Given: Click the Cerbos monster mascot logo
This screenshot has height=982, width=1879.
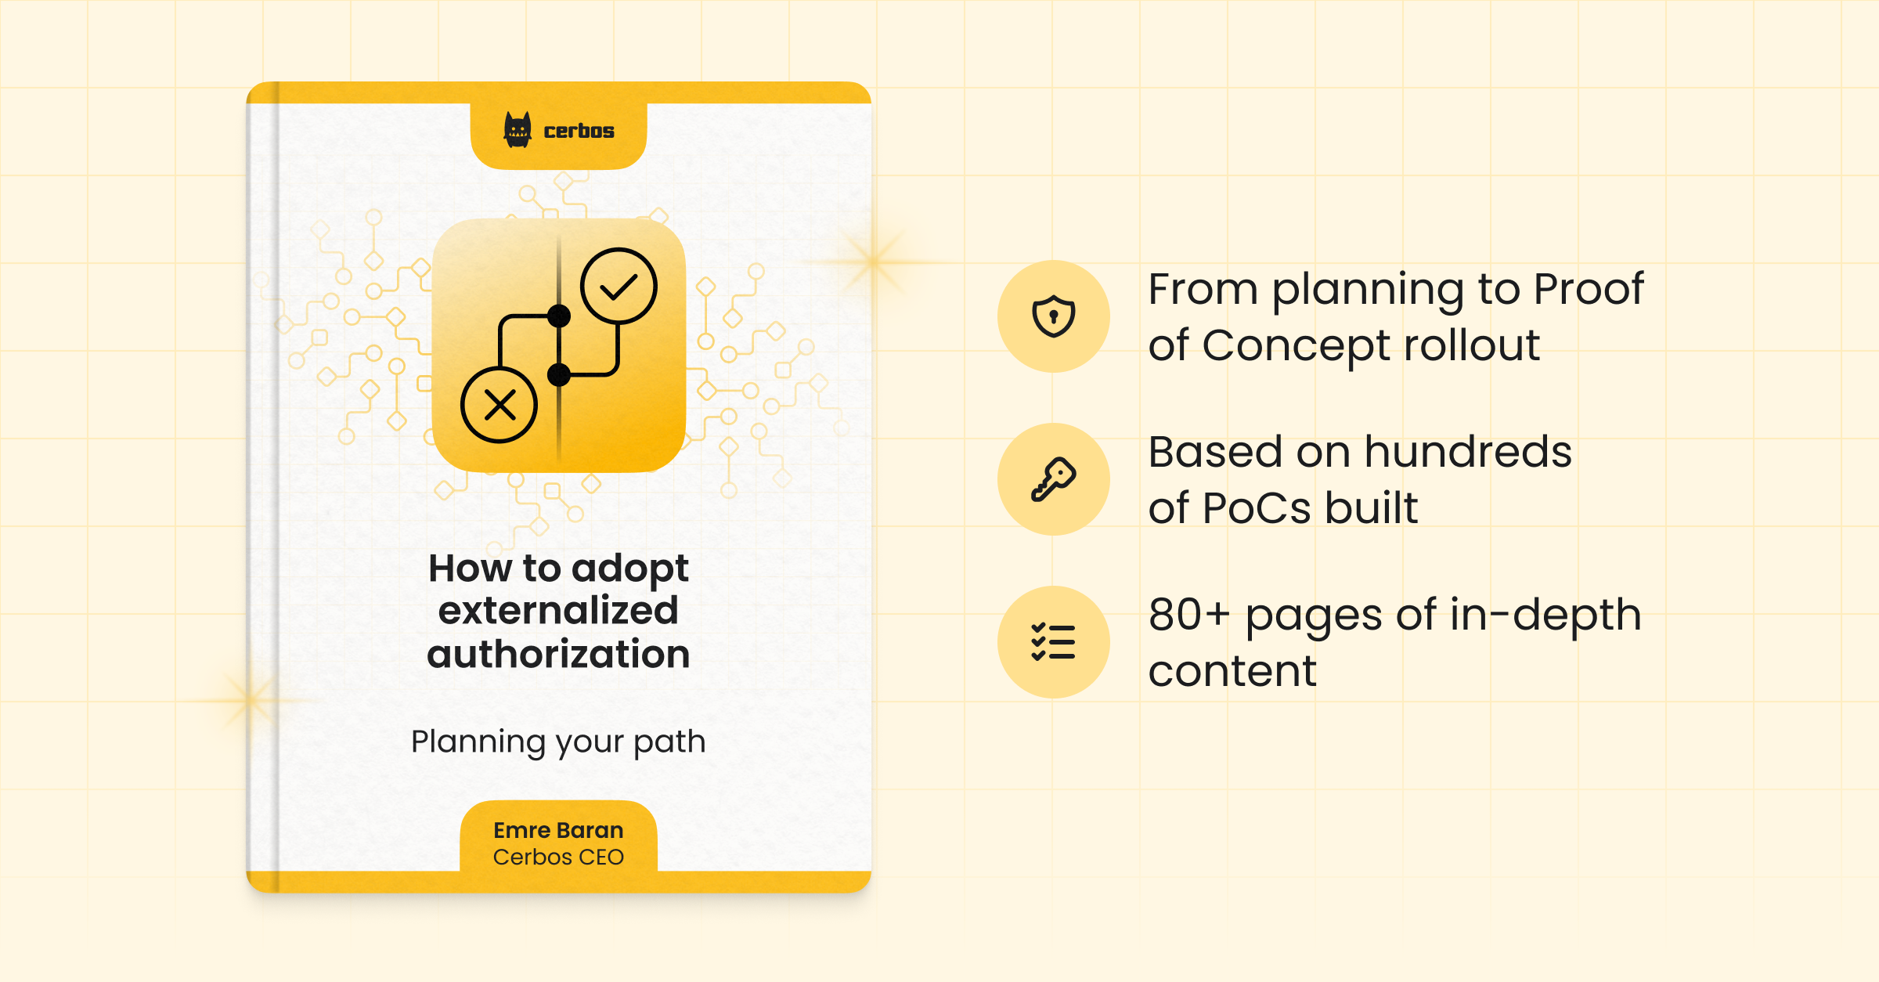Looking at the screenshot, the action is (518, 130).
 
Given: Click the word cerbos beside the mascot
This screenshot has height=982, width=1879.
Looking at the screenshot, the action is (579, 131).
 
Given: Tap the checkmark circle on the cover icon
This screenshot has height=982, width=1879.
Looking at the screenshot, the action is (619, 286).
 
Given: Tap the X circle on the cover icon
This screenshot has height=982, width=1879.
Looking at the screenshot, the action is (500, 405).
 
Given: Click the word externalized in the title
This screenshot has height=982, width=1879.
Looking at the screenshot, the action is (558, 611).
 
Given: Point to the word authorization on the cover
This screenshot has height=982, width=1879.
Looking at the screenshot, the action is (558, 654).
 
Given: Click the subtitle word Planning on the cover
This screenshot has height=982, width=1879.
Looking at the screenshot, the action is (478, 742).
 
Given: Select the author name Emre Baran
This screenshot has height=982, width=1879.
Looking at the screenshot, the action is (558, 830).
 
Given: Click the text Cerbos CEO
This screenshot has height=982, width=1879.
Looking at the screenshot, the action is (558, 857).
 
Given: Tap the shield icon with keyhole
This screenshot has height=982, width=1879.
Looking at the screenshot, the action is (1054, 316).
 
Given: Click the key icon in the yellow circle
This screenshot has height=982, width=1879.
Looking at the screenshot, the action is (1054, 479).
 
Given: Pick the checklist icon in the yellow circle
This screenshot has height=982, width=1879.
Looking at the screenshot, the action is (1054, 642).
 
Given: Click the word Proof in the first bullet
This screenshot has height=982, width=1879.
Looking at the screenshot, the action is (1589, 289).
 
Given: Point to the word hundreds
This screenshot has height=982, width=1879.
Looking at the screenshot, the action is (1468, 452).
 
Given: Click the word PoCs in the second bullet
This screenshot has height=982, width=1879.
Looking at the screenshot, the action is (1256, 508).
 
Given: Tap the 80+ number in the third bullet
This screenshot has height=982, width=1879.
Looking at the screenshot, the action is (1189, 615).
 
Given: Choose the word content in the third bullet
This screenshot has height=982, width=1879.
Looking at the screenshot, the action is (1232, 671).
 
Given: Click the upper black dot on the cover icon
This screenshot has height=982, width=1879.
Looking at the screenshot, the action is (559, 316).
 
